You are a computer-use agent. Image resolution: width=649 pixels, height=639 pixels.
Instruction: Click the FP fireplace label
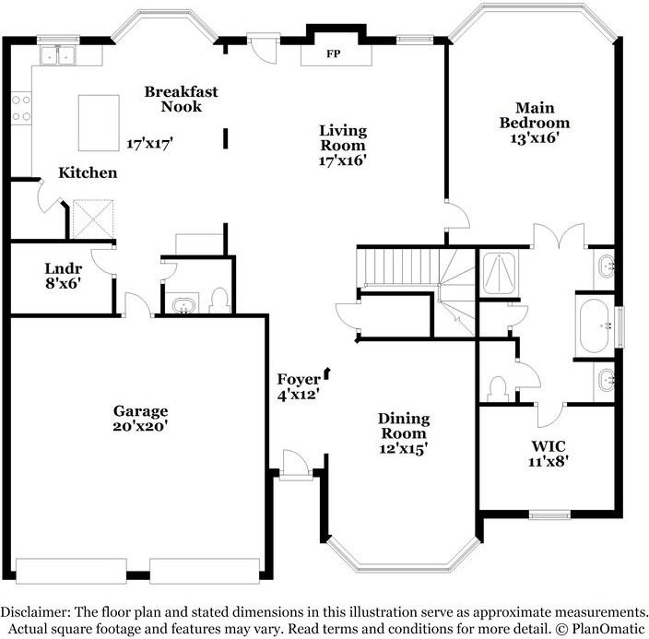(x=333, y=53)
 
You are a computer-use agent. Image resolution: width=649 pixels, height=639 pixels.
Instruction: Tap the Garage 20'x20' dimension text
(x=140, y=426)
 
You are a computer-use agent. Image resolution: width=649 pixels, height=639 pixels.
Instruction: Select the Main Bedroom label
(x=535, y=115)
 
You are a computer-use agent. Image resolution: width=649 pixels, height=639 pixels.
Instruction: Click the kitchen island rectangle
(x=99, y=123)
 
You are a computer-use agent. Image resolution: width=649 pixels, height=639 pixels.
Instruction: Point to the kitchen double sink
(x=57, y=55)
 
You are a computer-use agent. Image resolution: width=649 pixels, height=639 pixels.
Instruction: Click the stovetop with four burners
(x=21, y=108)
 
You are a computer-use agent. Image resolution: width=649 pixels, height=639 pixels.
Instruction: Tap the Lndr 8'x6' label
(x=63, y=276)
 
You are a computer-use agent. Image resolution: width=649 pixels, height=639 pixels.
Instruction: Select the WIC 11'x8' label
(x=549, y=454)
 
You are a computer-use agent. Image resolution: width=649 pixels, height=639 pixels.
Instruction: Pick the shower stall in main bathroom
(x=499, y=273)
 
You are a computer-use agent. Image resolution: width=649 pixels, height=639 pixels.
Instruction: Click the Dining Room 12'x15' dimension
(x=404, y=448)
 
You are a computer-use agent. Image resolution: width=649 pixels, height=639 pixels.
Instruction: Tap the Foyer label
(x=299, y=379)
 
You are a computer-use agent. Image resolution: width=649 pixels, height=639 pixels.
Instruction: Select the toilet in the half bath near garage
(x=219, y=302)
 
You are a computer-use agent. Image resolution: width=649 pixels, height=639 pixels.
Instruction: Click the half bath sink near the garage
(x=183, y=305)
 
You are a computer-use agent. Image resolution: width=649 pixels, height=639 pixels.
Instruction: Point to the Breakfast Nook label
(x=182, y=99)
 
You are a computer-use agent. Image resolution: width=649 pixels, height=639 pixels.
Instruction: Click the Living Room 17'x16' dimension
(x=343, y=160)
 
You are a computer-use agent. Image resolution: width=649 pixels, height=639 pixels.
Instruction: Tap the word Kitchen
(x=88, y=172)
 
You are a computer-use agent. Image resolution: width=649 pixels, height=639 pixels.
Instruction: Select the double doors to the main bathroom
(x=559, y=235)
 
